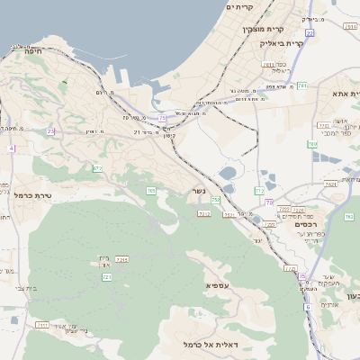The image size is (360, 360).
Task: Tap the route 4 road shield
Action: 12,148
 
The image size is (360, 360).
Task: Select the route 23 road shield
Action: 51,131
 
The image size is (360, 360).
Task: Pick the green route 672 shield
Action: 97,168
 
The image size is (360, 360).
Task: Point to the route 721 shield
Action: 107,277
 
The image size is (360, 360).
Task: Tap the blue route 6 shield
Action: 307,307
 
